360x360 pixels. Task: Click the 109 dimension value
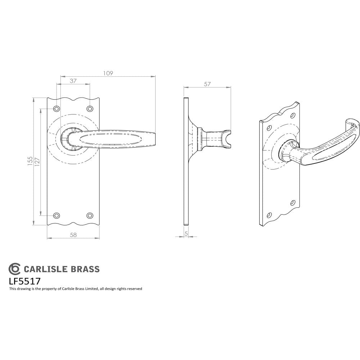pyautogui.click(x=108, y=73)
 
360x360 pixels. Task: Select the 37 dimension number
pyautogui.click(x=73, y=81)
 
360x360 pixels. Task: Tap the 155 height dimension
pyautogui.click(x=30, y=162)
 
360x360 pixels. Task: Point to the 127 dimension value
pyautogui.click(x=37, y=162)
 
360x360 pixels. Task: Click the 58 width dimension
pyautogui.click(x=73, y=235)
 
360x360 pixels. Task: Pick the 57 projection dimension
pyautogui.click(x=207, y=84)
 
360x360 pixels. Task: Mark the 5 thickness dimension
pyautogui.click(x=186, y=233)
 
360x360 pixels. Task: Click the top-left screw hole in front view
pyautogui.click(x=56, y=108)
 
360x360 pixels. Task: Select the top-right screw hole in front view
pyautogui.click(x=90, y=108)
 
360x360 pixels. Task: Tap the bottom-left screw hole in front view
pyautogui.click(x=56, y=216)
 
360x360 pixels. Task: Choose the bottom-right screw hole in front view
pyautogui.click(x=90, y=216)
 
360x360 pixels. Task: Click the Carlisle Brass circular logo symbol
pyautogui.click(x=15, y=269)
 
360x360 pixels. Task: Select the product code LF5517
pyautogui.click(x=24, y=280)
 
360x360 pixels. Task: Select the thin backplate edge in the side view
pyautogui.click(x=186, y=162)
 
